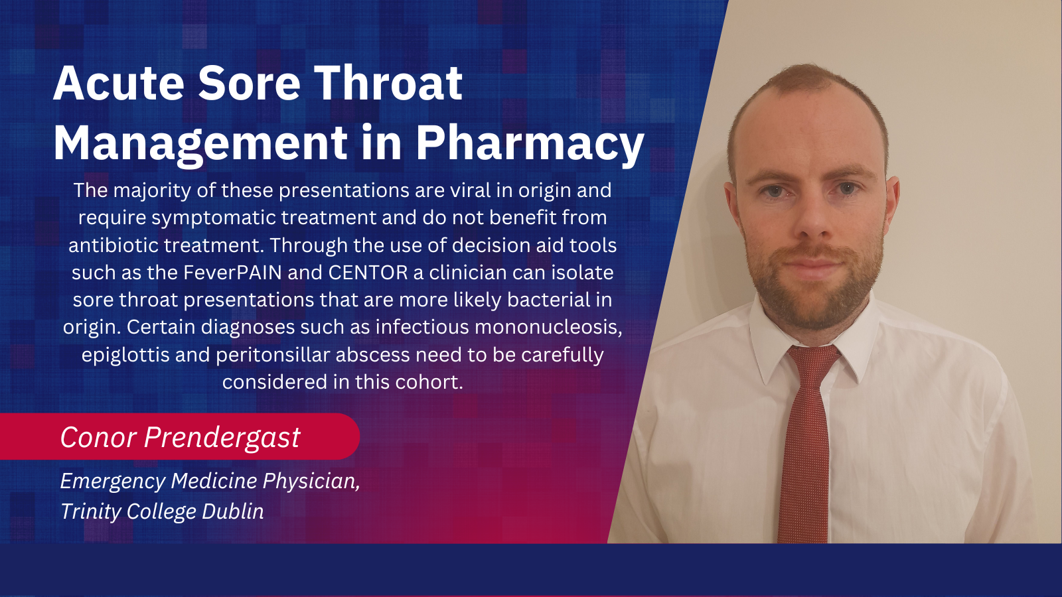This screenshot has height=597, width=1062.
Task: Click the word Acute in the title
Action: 119,83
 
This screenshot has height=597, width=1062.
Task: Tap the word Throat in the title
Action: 388,83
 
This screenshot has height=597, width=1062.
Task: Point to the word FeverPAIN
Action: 233,273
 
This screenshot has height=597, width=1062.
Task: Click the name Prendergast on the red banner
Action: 222,437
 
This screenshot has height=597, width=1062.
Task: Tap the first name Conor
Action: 99,436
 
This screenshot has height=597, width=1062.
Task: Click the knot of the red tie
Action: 812,361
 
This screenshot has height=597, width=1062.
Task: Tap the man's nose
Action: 812,218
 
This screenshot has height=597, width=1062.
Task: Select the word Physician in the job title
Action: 311,482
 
